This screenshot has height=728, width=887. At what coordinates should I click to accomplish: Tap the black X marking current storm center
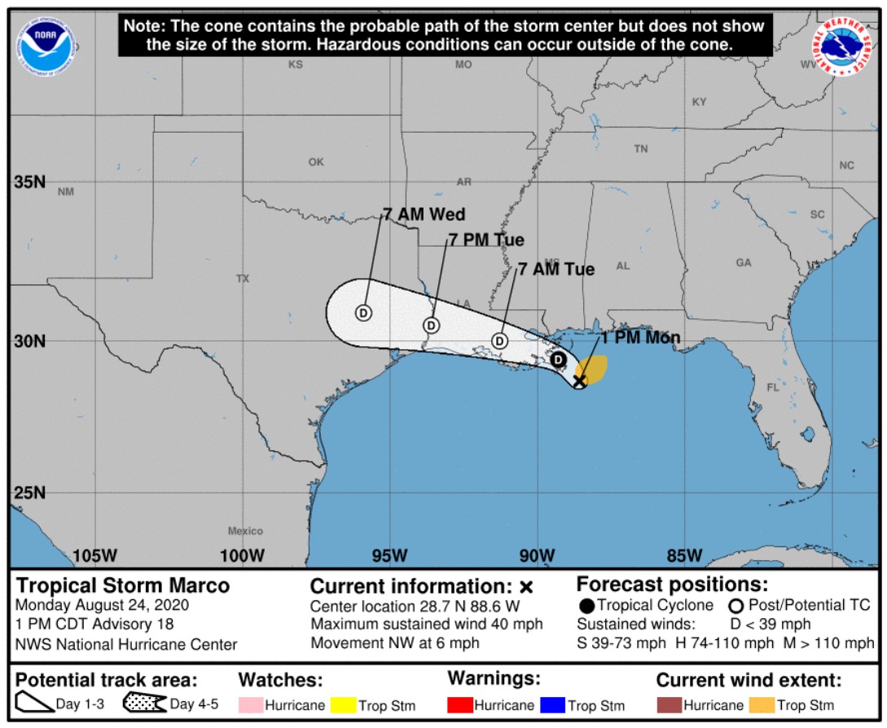(580, 380)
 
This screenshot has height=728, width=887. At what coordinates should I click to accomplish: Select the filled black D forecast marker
(558, 359)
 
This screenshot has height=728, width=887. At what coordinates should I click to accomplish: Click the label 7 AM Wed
(424, 215)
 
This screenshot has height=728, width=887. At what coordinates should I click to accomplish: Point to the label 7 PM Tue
(486, 240)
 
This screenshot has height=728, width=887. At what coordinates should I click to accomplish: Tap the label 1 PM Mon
(640, 338)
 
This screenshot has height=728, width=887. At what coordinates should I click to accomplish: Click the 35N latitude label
(29, 182)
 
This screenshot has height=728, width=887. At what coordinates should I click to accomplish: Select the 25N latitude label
(29, 493)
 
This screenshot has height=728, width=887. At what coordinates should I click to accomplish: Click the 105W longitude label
(95, 556)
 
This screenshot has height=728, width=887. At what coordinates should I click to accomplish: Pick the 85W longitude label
(684, 556)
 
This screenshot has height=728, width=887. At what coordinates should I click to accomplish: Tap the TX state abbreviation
(243, 278)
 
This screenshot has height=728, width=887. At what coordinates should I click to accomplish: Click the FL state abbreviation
(773, 388)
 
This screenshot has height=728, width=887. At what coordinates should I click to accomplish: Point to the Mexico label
(245, 531)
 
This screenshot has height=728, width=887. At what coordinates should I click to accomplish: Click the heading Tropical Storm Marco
(123, 585)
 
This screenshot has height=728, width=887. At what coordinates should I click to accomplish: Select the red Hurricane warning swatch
(460, 705)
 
